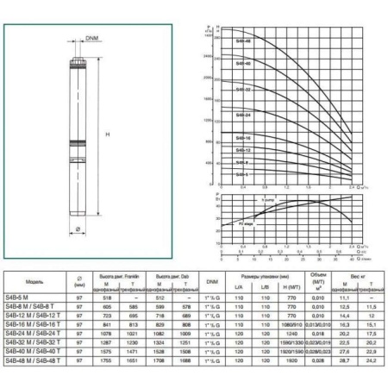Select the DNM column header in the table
pos(212,280)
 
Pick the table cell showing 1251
pos(186,342)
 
